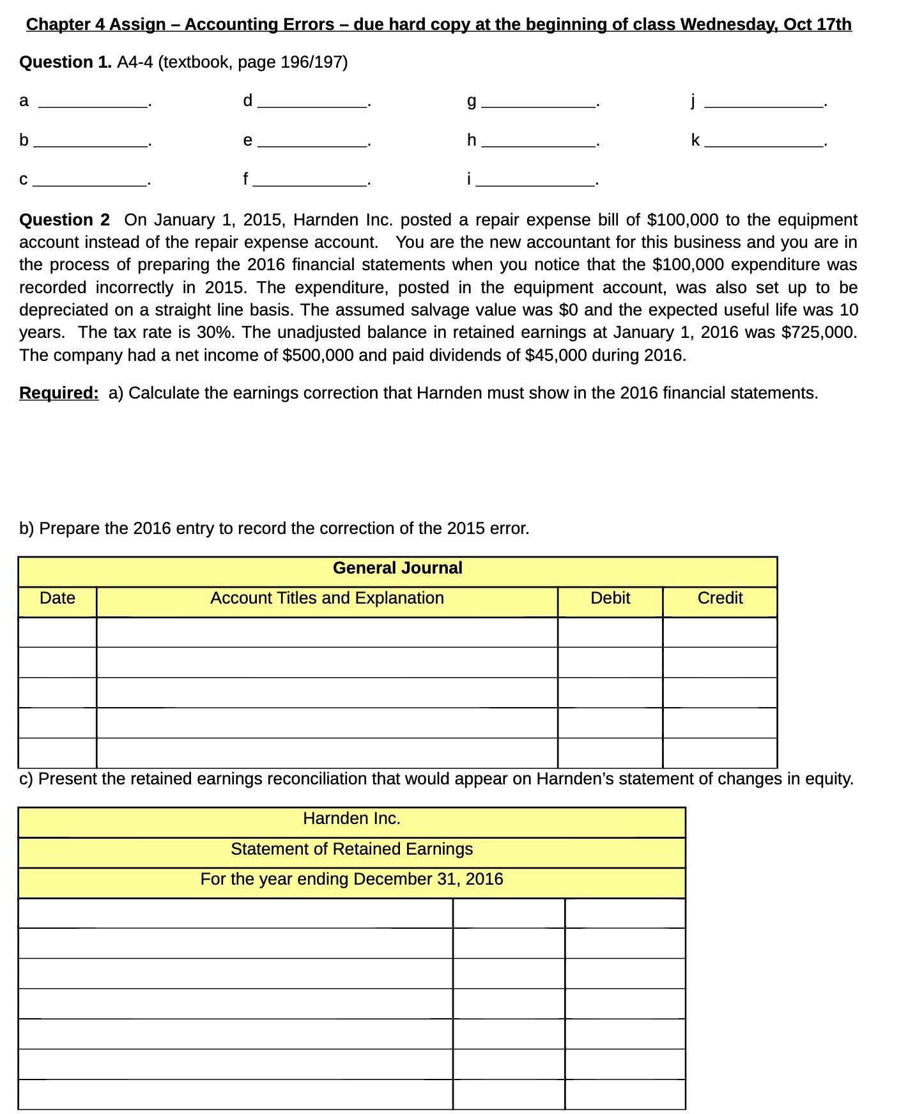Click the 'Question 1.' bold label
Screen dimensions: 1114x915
point(65,63)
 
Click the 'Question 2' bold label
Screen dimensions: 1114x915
point(65,220)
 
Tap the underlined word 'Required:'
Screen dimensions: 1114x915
point(59,393)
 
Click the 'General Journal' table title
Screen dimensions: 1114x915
point(397,568)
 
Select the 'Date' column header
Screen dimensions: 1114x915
point(57,599)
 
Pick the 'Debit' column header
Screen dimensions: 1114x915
point(610,599)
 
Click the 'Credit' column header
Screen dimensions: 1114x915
point(719,599)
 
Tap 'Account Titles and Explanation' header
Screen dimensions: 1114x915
point(327,599)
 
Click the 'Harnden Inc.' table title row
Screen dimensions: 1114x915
point(351,819)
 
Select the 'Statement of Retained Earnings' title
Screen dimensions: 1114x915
point(351,850)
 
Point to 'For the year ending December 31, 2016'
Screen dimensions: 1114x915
point(351,880)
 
